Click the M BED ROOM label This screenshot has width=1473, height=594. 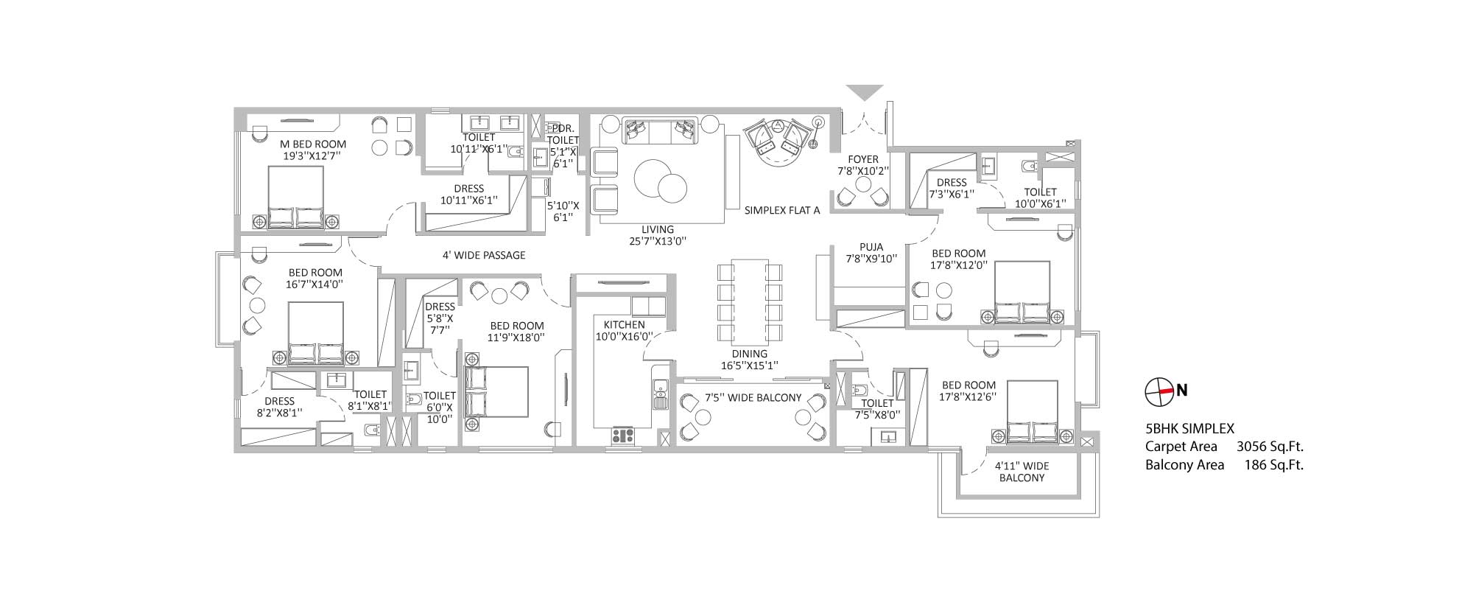click(313, 144)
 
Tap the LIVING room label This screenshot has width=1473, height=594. click(657, 229)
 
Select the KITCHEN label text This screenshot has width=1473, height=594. click(624, 325)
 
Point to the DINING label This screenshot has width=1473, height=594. click(749, 354)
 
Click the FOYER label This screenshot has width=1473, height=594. click(863, 159)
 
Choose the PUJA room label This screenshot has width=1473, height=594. click(871, 247)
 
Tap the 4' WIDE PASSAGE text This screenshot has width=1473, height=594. click(484, 255)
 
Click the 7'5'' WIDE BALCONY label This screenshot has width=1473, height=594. click(753, 397)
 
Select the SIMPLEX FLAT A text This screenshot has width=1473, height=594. click(782, 210)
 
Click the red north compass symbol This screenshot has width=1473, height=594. click(1159, 391)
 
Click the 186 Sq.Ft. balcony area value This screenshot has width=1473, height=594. click(1273, 464)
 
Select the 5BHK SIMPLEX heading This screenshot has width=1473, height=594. click(1189, 427)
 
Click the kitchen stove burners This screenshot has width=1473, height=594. click(623, 436)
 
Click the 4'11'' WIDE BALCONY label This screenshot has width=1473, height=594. click(1022, 472)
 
